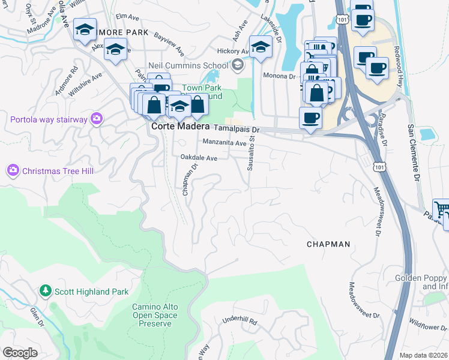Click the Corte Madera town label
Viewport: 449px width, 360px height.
coord(179,127)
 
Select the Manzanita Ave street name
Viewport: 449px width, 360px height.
coord(224,143)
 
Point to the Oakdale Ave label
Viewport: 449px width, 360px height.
coord(199,157)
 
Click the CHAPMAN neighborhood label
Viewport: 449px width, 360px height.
coord(328,244)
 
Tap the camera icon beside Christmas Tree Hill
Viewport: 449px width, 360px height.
coord(13,171)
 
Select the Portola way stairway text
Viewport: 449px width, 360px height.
coord(49,119)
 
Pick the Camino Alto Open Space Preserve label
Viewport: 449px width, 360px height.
coord(155,315)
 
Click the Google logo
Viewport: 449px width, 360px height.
coord(20,353)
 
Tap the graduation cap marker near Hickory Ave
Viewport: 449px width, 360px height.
coord(261,47)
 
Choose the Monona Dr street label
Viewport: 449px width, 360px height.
coord(280,76)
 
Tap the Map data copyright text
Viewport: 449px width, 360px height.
coord(423,355)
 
